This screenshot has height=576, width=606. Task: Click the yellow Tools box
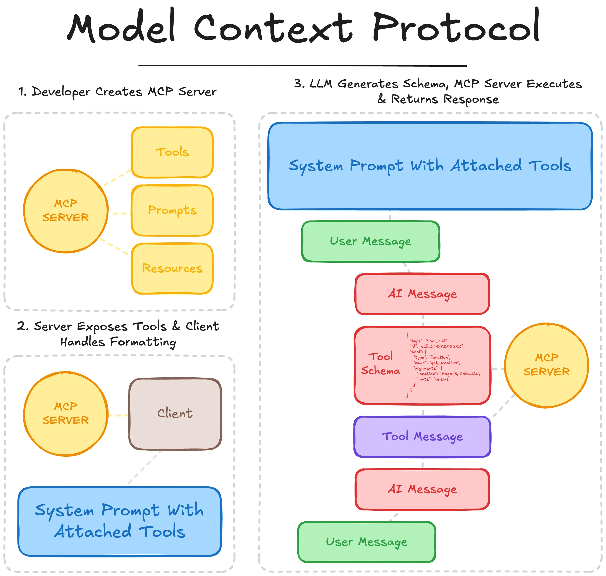(172, 152)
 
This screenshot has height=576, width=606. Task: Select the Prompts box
(172, 210)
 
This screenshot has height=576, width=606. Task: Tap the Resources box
(172, 268)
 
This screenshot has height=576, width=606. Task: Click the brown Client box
(175, 414)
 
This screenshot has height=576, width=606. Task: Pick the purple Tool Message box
(422, 436)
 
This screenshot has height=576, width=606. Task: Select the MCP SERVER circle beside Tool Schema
(546, 365)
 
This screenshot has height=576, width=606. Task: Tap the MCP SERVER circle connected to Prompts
(66, 211)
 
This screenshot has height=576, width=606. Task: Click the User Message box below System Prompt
(370, 241)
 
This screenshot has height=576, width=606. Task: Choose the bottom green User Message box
(367, 542)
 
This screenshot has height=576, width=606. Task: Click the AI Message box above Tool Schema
(422, 294)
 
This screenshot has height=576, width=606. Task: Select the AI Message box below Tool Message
(422, 489)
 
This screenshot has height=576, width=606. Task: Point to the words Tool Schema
(380, 364)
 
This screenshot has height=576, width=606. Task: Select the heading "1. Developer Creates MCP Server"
(117, 92)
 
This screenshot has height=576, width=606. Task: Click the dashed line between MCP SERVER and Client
(118, 415)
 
